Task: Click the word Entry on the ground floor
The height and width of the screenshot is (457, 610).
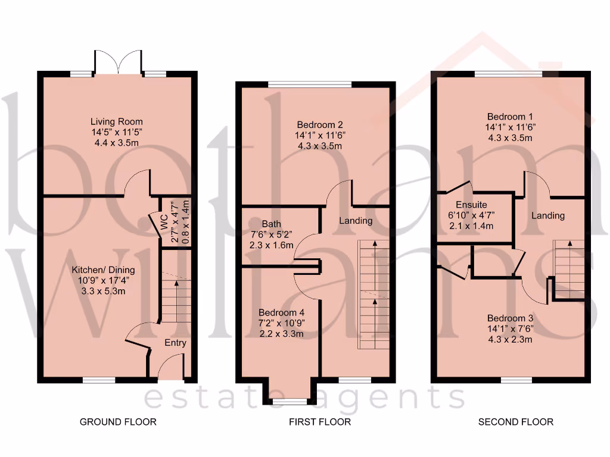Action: (x=175, y=343)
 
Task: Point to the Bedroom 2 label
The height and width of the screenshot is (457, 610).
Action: (x=320, y=125)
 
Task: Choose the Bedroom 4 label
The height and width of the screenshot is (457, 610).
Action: (x=281, y=312)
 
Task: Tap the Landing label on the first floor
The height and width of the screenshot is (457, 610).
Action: (x=356, y=221)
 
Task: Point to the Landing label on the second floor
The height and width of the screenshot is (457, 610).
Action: (x=548, y=215)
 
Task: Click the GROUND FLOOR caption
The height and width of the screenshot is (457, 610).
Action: (x=118, y=422)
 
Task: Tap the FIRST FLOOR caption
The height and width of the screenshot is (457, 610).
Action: (x=320, y=422)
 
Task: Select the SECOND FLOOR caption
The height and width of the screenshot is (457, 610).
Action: (x=516, y=422)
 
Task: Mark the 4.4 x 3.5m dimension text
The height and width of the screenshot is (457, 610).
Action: (x=116, y=143)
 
